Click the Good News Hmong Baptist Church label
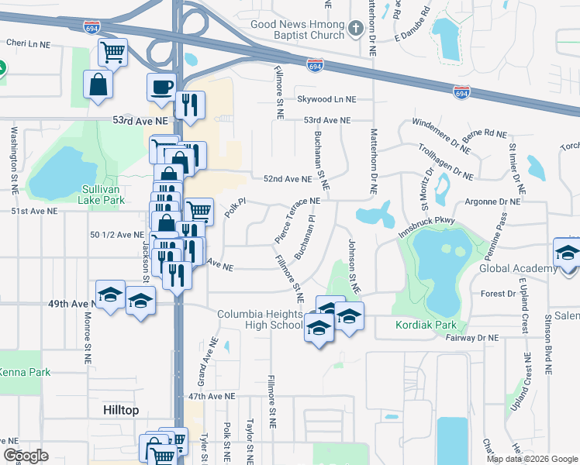[x=297, y=29]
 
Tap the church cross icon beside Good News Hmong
[x=356, y=29]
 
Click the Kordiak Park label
[x=426, y=325]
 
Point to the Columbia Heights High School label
[x=260, y=319]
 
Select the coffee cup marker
[x=162, y=87]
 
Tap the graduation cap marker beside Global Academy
[x=568, y=253]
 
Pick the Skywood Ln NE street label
[x=326, y=99]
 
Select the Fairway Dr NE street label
[x=471, y=337]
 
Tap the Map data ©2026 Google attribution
[x=532, y=459]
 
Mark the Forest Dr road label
[x=499, y=294]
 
